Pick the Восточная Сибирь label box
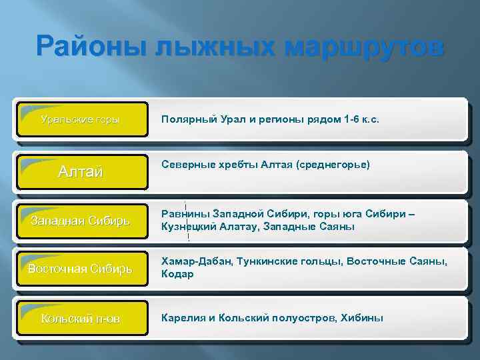pyautogui.click(x=81, y=269)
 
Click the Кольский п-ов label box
pyautogui.click(x=81, y=318)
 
